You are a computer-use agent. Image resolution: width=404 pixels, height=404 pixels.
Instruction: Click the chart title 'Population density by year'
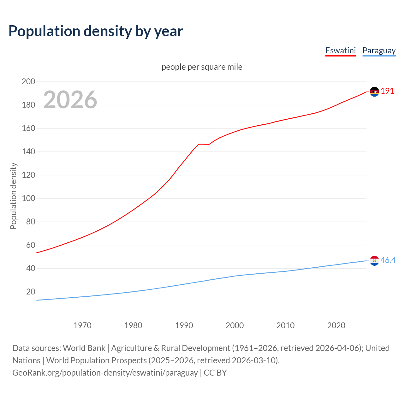[x=96, y=31]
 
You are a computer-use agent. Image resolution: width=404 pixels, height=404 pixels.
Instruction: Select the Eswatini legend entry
[x=340, y=50]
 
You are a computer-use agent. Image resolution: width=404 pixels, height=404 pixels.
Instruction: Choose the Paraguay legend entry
[x=379, y=50]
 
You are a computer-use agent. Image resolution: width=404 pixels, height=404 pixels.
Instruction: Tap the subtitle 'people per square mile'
[x=202, y=67]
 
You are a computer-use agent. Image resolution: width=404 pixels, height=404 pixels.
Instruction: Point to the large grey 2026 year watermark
[x=70, y=100]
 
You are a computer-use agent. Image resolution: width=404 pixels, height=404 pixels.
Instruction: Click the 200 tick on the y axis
[x=28, y=81]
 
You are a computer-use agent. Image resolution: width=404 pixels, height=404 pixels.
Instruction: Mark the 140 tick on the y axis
[x=28, y=151]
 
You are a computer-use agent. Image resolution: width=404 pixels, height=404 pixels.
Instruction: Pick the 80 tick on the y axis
[x=30, y=222]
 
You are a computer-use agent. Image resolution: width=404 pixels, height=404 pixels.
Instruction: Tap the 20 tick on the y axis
[x=30, y=292]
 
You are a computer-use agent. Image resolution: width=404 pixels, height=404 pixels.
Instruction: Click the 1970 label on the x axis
[x=82, y=325]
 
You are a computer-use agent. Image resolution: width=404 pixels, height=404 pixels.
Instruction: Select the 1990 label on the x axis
[x=184, y=325]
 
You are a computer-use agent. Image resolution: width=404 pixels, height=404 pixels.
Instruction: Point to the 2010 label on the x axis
[x=285, y=325]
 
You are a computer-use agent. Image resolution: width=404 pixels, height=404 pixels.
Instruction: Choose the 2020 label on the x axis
[x=336, y=325]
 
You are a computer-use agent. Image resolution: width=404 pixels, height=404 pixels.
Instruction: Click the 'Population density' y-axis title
[x=13, y=196]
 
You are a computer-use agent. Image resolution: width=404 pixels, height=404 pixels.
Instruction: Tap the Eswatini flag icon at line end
[x=374, y=92]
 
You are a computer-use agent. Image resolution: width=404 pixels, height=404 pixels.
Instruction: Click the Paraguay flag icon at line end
[x=374, y=261]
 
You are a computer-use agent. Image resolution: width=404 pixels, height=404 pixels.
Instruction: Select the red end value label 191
[x=387, y=91]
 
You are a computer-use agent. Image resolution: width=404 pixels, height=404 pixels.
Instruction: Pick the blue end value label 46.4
[x=388, y=260]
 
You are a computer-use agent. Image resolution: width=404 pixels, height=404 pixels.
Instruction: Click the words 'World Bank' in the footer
[x=84, y=348]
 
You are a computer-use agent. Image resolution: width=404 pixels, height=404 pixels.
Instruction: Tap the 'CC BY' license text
[x=215, y=372]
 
